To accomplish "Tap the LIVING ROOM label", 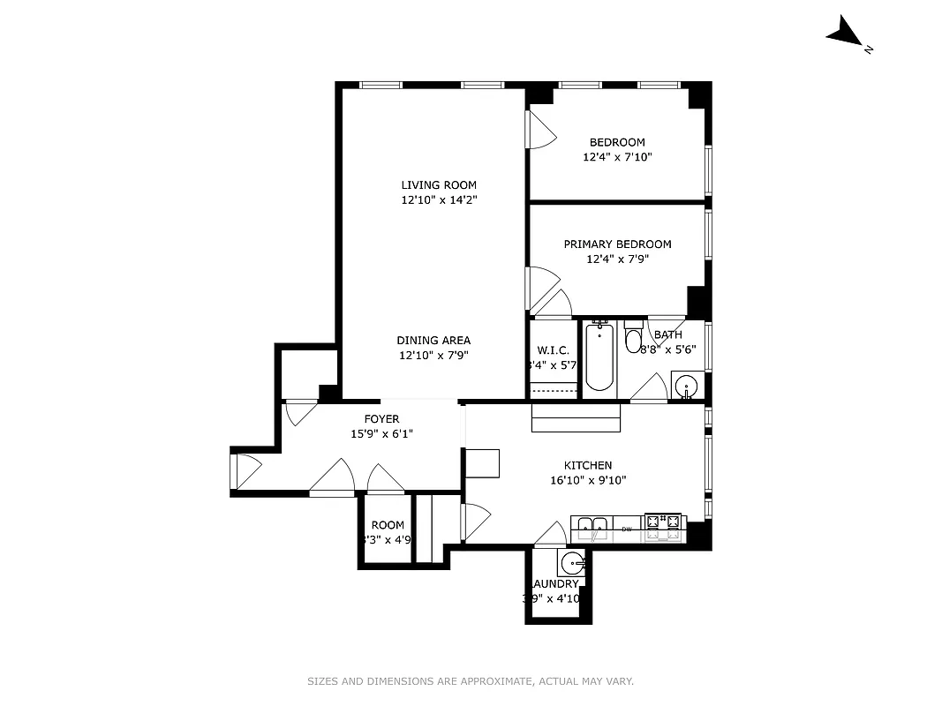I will [x=439, y=185].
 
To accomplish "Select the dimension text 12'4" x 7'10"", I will [x=617, y=158].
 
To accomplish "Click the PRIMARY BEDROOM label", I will [x=617, y=244].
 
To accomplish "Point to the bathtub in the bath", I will [x=599, y=357].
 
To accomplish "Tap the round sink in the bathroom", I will [x=686, y=386].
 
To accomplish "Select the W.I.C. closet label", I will [x=553, y=350].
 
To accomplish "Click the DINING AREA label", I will [x=433, y=341].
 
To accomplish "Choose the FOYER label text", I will [x=381, y=419].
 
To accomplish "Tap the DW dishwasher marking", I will [x=627, y=529].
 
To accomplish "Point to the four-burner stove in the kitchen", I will [x=664, y=527].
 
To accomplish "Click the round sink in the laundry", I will [x=573, y=562].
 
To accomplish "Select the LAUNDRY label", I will [x=555, y=584].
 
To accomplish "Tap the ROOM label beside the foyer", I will [x=388, y=525].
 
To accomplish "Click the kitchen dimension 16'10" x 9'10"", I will [x=588, y=481].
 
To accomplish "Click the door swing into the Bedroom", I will [x=539, y=133].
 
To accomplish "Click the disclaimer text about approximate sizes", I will [x=471, y=681].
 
